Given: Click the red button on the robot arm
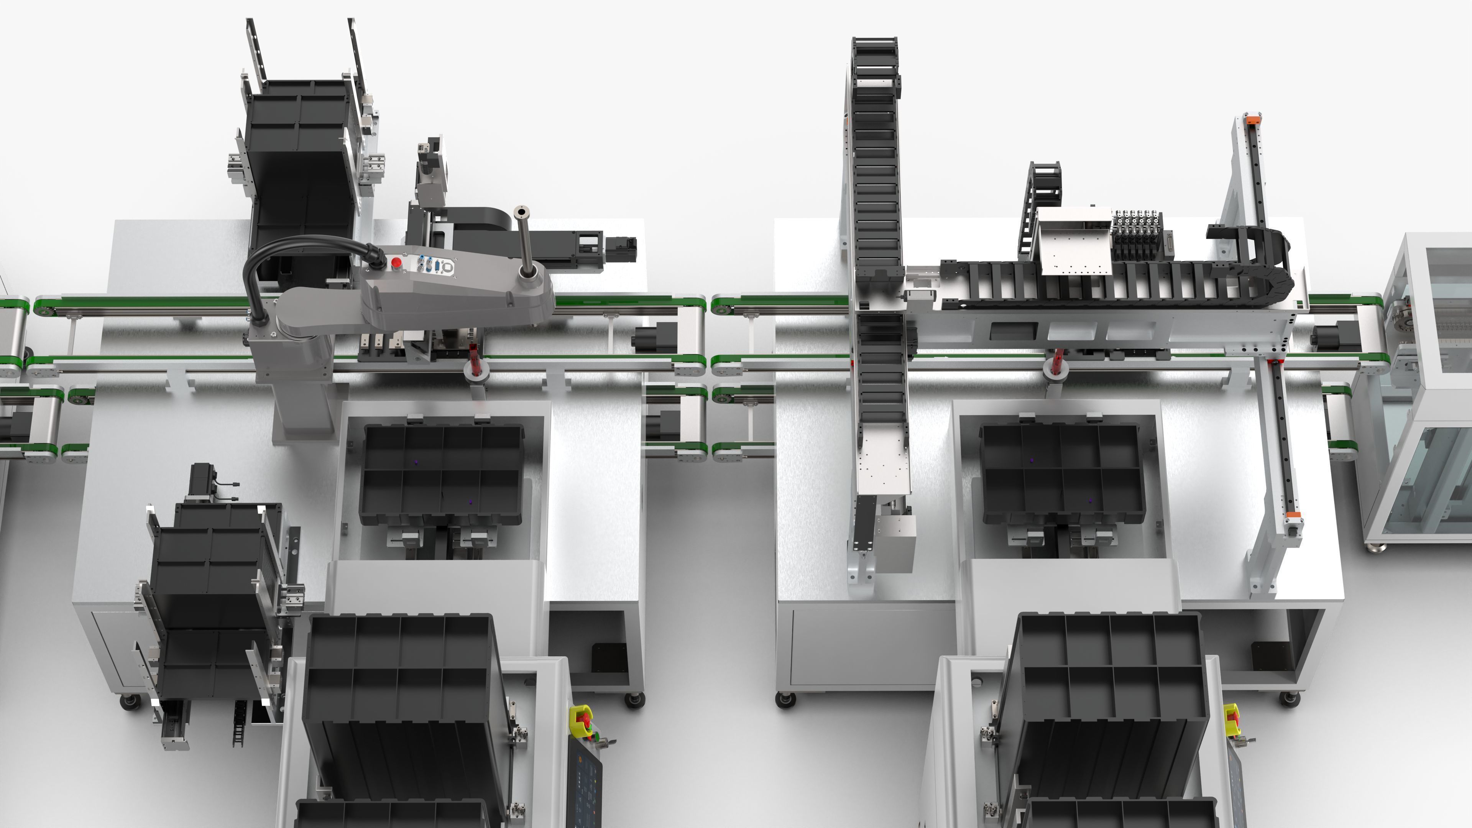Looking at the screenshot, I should (x=396, y=262).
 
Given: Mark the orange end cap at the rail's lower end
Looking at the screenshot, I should (x=1293, y=519).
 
